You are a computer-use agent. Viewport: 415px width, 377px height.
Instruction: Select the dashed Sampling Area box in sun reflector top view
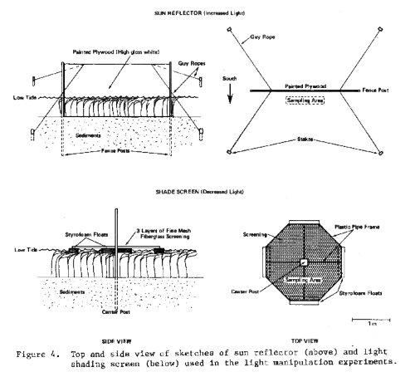pyautogui.click(x=305, y=100)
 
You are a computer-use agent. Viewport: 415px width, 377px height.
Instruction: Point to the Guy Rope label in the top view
pyautogui.click(x=262, y=37)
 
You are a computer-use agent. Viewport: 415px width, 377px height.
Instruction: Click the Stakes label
pyautogui.click(x=305, y=139)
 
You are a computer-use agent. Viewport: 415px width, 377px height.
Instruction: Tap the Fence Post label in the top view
pyautogui.click(x=375, y=91)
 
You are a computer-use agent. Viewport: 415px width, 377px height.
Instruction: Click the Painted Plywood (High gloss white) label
pyautogui.click(x=116, y=52)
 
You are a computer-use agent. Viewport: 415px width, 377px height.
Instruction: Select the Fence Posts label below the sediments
pyautogui.click(x=115, y=151)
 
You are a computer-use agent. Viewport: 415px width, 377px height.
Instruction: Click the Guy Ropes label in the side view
pyautogui.click(x=192, y=63)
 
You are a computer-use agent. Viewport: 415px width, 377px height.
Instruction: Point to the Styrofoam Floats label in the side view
pyautogui.click(x=86, y=235)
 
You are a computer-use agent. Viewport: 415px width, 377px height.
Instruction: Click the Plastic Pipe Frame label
pyautogui.click(x=357, y=227)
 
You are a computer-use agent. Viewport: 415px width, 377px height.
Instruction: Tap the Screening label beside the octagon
pyautogui.click(x=255, y=235)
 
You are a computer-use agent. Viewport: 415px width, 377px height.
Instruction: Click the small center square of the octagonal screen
pyautogui.click(x=304, y=262)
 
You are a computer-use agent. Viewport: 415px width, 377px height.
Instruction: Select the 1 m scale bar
pyautogui.click(x=371, y=320)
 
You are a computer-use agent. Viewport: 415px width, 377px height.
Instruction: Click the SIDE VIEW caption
pyautogui.click(x=116, y=341)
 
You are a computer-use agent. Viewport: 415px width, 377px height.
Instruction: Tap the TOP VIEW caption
pyautogui.click(x=305, y=341)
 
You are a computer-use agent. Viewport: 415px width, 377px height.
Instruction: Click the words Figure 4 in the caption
pyautogui.click(x=37, y=355)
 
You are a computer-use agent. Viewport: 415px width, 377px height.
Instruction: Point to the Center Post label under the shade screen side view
pyautogui.click(x=116, y=312)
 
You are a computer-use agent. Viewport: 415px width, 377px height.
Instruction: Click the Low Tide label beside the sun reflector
pyautogui.click(x=25, y=97)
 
